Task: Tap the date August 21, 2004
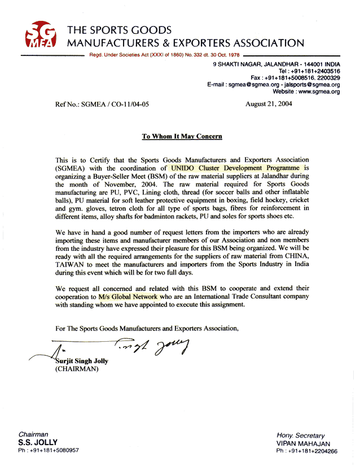tap(269, 104)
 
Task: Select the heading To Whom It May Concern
tap(182, 136)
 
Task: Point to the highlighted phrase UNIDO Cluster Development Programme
tap(236, 168)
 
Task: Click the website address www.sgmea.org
tap(319, 92)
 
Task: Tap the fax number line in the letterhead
tap(295, 78)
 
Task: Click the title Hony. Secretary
tap(300, 435)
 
